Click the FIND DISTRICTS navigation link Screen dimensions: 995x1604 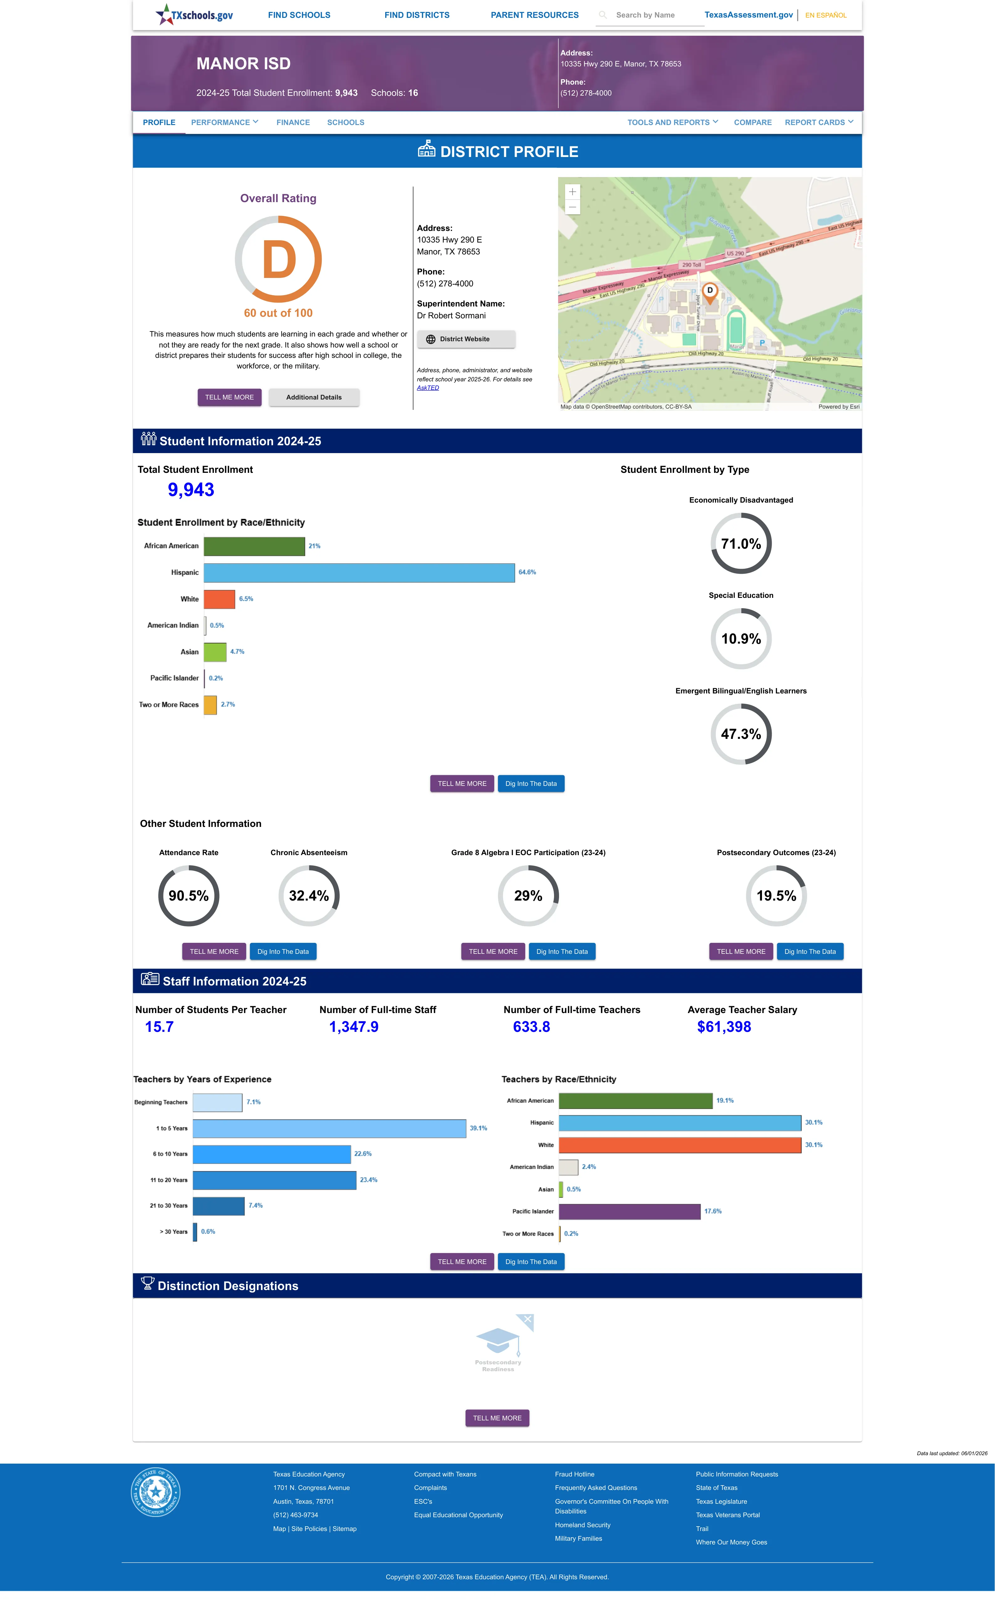click(417, 15)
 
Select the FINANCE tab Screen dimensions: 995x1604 click(293, 123)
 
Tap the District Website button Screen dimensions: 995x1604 click(466, 339)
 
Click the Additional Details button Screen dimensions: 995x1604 click(314, 398)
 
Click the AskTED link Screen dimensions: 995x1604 click(428, 388)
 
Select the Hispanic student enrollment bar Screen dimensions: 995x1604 click(359, 572)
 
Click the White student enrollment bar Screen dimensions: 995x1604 click(219, 599)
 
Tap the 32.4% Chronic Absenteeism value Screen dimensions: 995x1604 click(308, 896)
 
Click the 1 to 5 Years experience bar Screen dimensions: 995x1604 click(329, 1128)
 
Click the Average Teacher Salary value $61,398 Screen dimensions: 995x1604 click(724, 1027)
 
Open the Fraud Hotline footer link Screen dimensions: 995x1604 click(574, 1474)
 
